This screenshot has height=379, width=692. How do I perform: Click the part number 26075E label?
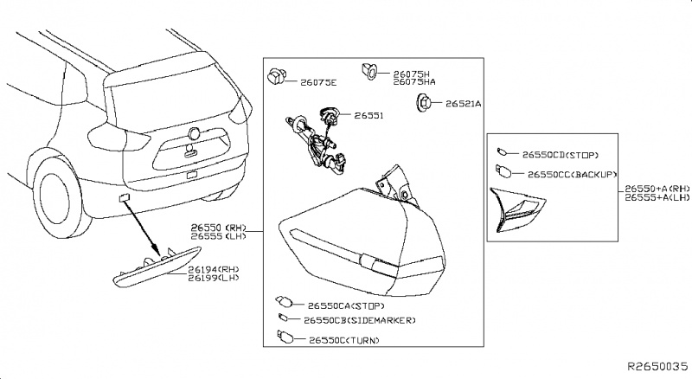pos(318,83)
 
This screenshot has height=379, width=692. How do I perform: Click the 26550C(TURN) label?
pos(343,340)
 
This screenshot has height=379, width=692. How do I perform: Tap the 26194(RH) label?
pos(213,269)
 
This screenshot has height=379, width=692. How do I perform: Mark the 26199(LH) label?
pos(213,279)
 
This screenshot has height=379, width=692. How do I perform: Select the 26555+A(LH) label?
pos(657,196)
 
